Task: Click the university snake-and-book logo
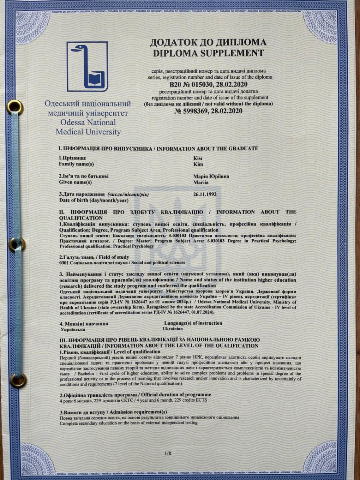tap(87, 66)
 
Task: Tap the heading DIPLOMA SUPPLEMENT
tap(207, 53)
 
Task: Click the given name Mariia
tap(201, 182)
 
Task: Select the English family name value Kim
tap(198, 164)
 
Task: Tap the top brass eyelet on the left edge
tap(15, 107)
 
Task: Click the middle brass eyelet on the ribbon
tap(17, 244)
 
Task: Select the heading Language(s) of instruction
tap(193, 323)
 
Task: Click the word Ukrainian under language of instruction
tap(173, 328)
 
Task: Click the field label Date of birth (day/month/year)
tap(94, 200)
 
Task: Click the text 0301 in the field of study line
tap(64, 262)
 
